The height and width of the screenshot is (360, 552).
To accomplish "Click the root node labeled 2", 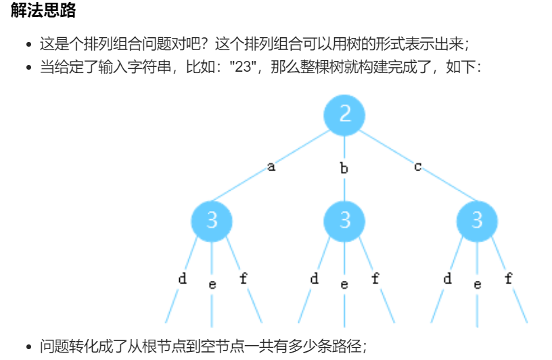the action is pyautogui.click(x=344, y=114).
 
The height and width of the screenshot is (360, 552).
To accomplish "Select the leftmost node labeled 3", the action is pyautogui.click(x=212, y=221).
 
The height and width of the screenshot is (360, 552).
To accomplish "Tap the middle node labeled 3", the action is pyautogui.click(x=344, y=221).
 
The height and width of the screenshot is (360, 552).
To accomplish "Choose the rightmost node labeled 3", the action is pyautogui.click(x=477, y=221).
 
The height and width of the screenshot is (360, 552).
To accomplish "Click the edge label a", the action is pyautogui.click(x=271, y=166).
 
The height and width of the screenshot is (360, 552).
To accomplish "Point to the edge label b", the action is pyautogui.click(x=344, y=168).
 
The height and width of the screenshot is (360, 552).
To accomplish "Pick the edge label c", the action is pyautogui.click(x=417, y=166).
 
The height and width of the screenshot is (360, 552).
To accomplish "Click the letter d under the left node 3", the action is pyautogui.click(x=182, y=278).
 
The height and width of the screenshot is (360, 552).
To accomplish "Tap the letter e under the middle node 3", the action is pyautogui.click(x=344, y=284).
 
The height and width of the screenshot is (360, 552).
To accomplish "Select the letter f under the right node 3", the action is pyautogui.click(x=509, y=278).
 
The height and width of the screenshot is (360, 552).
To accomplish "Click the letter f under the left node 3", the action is pyautogui.click(x=244, y=278).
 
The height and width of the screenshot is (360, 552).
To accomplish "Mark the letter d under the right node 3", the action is pyautogui.click(x=447, y=278).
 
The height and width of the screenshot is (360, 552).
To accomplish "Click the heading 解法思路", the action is pyautogui.click(x=43, y=12).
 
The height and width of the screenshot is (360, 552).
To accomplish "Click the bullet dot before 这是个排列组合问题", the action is pyautogui.click(x=29, y=45).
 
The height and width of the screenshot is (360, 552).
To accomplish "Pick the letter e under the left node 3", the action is pyautogui.click(x=212, y=284).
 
